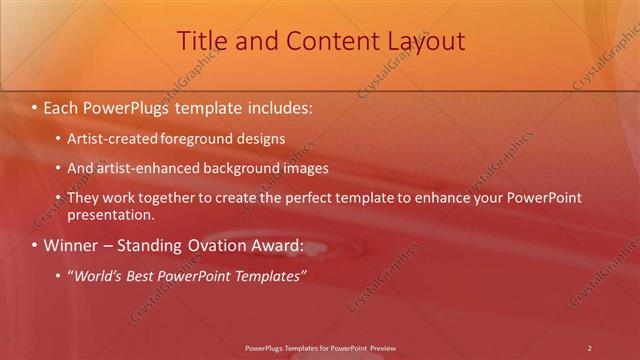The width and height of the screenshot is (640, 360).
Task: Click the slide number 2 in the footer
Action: tap(590, 348)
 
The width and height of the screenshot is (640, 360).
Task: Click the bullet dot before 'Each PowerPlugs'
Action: tap(35, 105)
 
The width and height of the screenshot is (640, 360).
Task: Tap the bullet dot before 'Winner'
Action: tap(35, 245)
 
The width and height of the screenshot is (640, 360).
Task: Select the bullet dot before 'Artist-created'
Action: tap(59, 139)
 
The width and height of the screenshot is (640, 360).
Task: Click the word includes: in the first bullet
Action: tap(278, 105)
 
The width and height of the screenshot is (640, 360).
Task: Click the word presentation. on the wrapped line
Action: tap(110, 214)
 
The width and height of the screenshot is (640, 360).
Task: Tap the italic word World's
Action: tap(98, 275)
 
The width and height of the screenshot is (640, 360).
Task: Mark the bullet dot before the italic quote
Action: tap(59, 275)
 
